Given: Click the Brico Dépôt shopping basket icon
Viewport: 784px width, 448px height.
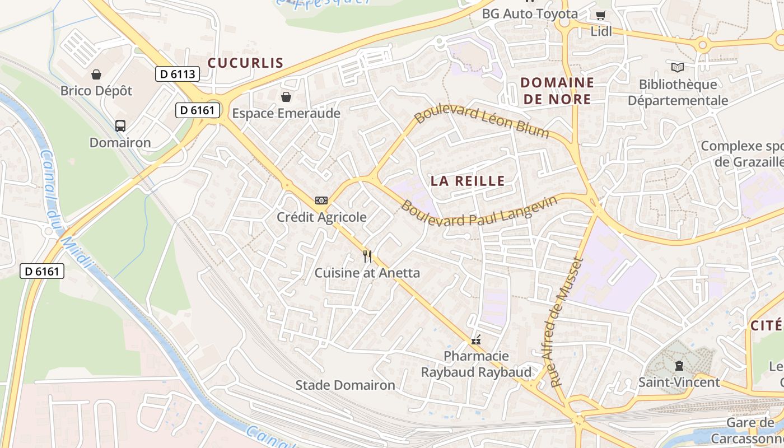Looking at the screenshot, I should pos(96,74).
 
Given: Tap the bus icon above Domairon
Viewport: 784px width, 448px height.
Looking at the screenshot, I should pos(120,125).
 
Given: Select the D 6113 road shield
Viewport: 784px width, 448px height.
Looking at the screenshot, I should pos(177,74).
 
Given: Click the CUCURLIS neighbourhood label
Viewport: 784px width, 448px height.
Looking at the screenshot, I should pos(246,63).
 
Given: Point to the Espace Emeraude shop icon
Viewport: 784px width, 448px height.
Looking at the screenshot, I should pos(286,97).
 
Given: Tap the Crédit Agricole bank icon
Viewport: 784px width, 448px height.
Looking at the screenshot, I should pos(321,200).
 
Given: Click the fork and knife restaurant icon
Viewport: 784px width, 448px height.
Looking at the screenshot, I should pos(367,256).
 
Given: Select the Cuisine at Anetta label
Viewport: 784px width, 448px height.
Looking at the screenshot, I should pos(367,273).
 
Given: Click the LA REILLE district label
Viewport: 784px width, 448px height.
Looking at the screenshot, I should pos(468,181).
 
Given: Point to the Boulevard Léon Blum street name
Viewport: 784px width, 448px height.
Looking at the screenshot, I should pos(482,120).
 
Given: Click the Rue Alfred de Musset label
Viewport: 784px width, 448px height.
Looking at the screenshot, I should pos(567,322).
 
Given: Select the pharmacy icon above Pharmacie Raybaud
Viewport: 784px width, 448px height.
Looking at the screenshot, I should pos(476,339).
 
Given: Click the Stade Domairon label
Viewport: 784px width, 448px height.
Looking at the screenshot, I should pos(345,385).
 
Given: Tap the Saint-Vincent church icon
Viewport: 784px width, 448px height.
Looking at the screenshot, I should pos(679,366).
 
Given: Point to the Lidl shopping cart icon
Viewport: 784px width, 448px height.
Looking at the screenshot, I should pos(601,16).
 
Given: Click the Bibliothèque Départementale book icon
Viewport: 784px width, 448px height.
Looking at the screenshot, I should pos(678,68).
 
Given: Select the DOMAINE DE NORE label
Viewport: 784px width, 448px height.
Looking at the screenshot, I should pos(557,91).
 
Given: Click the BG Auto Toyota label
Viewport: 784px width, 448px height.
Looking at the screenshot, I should pos(530,13).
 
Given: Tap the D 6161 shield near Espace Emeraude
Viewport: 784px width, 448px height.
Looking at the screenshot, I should pos(198,110).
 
